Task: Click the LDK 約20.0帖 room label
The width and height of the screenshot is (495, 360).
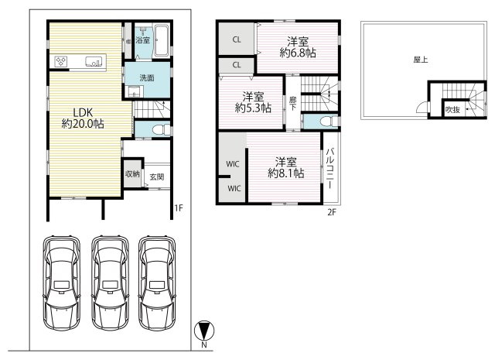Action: [83, 118]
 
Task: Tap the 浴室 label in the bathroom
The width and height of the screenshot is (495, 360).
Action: [142, 40]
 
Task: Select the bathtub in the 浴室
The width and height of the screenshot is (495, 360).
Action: [162, 40]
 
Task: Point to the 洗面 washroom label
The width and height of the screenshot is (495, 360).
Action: [147, 77]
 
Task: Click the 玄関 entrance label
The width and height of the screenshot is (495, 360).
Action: [157, 177]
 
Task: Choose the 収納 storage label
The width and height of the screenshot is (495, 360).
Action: [132, 173]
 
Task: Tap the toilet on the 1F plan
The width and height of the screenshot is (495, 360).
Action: [161, 129]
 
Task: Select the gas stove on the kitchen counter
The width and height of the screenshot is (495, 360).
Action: [61, 61]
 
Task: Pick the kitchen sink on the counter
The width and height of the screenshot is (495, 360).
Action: [94, 61]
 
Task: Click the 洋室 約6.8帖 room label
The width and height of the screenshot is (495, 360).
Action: [298, 47]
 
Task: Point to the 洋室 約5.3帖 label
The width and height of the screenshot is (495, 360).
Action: [253, 102]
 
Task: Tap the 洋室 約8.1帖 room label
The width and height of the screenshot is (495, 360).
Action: [285, 167]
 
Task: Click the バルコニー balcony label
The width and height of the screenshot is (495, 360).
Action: [330, 168]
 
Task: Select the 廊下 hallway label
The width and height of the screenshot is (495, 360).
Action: [293, 104]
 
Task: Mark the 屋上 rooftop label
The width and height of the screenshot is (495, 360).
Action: [421, 60]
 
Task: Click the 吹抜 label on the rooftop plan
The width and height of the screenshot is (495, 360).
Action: [452, 110]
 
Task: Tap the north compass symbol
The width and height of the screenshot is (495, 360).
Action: [204, 331]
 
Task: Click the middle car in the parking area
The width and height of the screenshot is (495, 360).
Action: [110, 283]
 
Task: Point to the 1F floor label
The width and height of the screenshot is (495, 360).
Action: [179, 207]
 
